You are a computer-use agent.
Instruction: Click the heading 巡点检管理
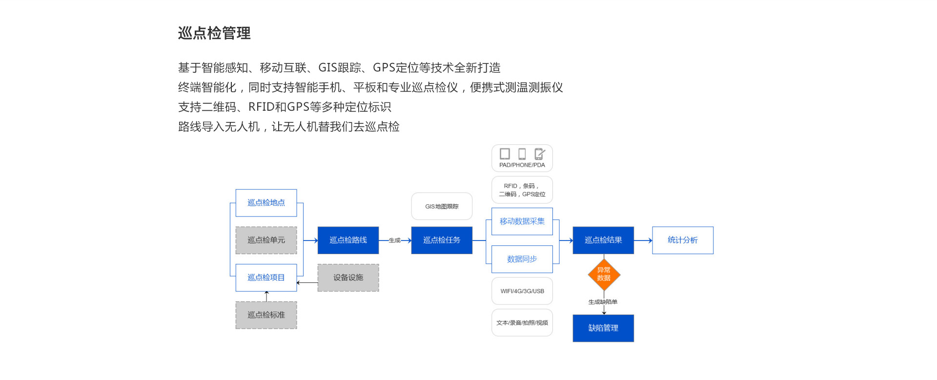[214, 33]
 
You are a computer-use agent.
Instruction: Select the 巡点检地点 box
[266, 203]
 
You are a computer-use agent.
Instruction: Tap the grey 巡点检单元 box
[266, 240]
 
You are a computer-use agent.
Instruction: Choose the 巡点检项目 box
[266, 278]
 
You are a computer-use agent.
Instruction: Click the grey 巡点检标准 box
[266, 315]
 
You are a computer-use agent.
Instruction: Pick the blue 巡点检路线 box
[348, 240]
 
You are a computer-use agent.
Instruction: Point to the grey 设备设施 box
[348, 278]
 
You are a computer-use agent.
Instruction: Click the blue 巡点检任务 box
[442, 240]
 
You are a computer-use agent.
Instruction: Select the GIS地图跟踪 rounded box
[442, 206]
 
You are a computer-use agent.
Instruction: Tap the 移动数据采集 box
[522, 221]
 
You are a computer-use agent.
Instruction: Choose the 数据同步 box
[522, 259]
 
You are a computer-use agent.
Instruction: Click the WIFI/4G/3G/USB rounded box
[522, 291]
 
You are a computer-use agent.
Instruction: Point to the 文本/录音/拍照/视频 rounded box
[522, 323]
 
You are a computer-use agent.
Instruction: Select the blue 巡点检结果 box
[603, 240]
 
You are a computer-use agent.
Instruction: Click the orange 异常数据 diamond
[604, 275]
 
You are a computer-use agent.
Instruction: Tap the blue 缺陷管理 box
[603, 328]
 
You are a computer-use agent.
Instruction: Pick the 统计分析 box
[682, 240]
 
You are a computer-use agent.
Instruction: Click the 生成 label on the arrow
[394, 240]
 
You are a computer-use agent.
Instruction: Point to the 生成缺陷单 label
[603, 302]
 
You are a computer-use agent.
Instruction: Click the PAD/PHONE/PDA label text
[522, 165]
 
